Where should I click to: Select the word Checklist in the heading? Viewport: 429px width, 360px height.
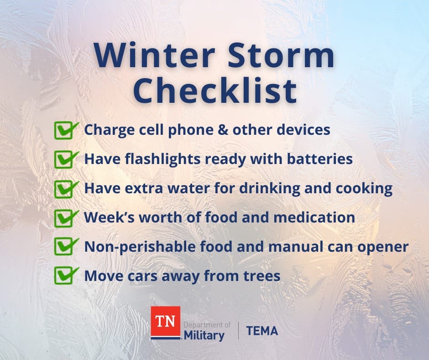click(x=215, y=90)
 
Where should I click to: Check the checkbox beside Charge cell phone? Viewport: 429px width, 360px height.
click(x=66, y=130)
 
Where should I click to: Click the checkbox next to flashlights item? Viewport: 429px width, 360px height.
click(x=66, y=159)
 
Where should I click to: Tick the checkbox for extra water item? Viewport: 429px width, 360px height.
click(x=66, y=189)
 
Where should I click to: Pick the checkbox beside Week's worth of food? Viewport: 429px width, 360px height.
click(x=66, y=218)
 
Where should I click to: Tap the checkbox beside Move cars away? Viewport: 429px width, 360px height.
click(x=66, y=275)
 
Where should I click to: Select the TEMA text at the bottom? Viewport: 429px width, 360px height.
click(x=262, y=331)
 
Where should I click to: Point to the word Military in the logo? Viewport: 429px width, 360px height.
click(x=204, y=336)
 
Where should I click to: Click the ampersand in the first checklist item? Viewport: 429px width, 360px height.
click(x=223, y=130)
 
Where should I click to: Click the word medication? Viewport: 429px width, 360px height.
click(x=314, y=217)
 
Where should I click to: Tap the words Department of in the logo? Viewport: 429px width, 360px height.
click(x=207, y=325)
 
